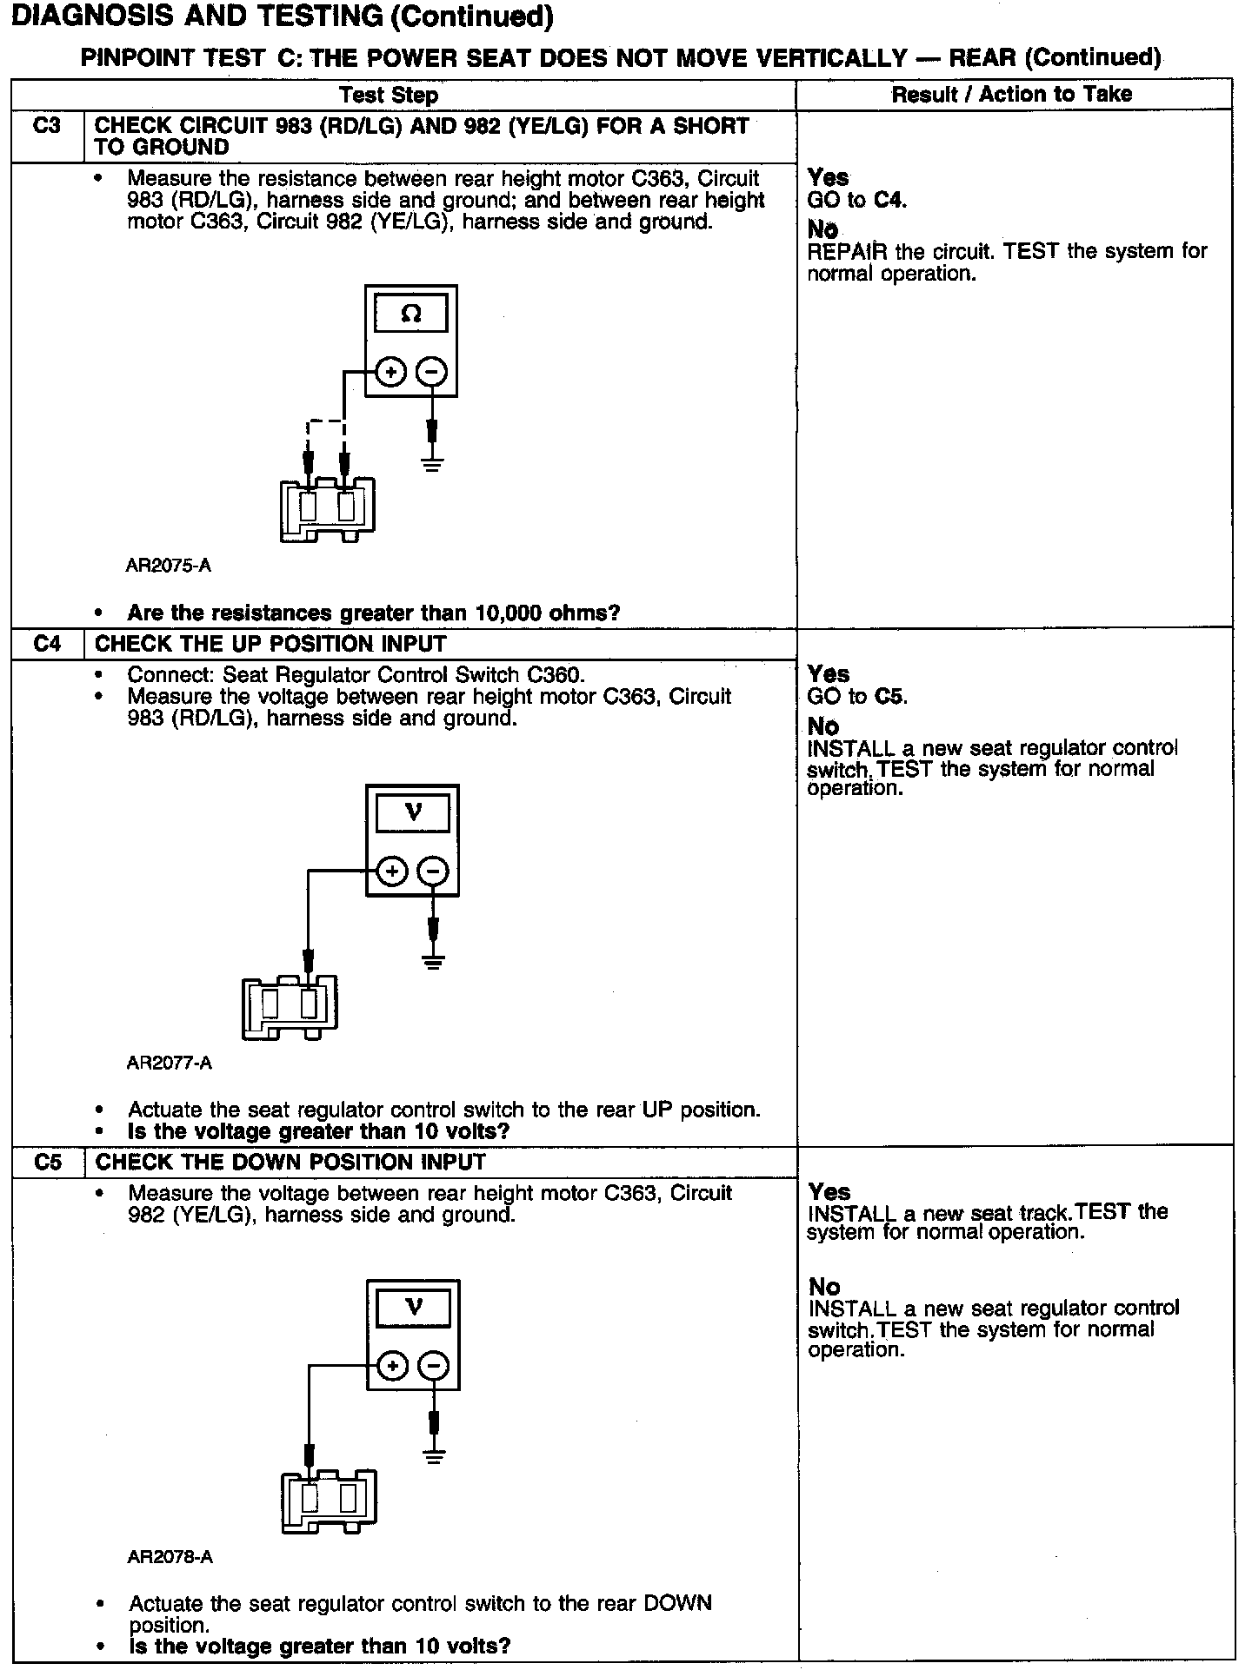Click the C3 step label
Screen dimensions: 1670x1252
click(47, 125)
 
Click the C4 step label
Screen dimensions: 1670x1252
click(47, 644)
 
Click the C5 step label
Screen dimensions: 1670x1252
click(48, 1162)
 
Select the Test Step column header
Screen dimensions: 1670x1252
click(388, 95)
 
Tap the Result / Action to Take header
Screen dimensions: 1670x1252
click(1012, 94)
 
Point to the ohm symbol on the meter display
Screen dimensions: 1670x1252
click(411, 314)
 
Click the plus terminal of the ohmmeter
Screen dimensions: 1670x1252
click(390, 373)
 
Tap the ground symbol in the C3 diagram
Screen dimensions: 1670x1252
click(432, 463)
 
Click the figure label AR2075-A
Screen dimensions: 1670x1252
click(169, 566)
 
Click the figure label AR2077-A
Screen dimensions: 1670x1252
click(169, 1063)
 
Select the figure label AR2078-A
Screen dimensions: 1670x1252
click(170, 1557)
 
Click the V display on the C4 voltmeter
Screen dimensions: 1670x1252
click(413, 813)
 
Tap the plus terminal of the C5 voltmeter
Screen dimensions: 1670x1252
click(393, 1366)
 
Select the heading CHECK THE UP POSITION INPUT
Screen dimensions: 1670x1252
click(270, 644)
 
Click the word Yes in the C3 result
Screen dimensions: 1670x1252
click(828, 177)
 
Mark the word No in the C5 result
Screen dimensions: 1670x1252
click(824, 1286)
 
